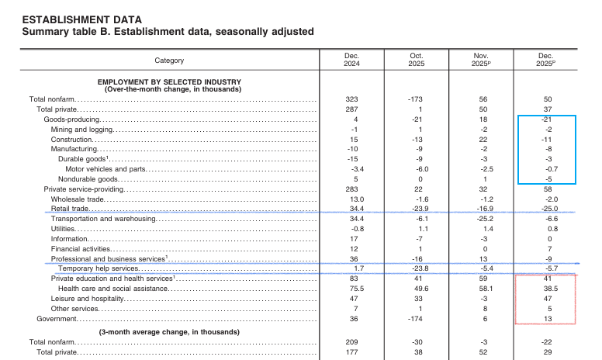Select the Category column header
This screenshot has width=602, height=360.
click(169, 60)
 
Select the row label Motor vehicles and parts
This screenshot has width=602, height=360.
click(106, 168)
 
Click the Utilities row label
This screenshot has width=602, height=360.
click(63, 229)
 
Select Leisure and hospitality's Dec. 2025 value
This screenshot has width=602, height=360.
click(548, 299)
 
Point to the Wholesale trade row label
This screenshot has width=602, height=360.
click(78, 199)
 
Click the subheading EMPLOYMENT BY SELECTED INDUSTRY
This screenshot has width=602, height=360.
click(169, 81)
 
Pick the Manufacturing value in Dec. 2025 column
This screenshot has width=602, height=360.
click(548, 149)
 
